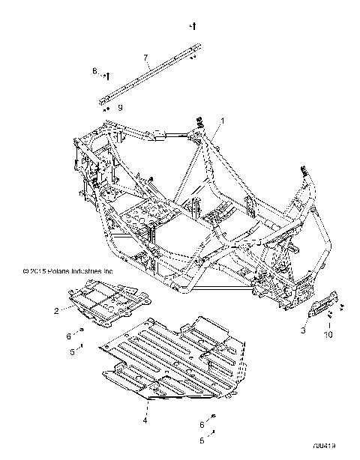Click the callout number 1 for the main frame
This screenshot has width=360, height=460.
221,120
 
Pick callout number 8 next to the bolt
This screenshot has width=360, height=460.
95,72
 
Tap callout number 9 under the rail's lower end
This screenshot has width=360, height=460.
119,108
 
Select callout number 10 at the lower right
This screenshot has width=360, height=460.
327,334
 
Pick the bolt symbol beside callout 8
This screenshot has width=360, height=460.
108,74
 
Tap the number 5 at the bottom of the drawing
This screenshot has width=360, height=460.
201,441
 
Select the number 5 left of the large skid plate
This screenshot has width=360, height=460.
72,351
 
